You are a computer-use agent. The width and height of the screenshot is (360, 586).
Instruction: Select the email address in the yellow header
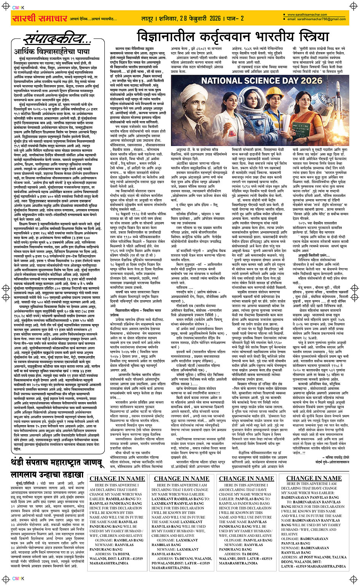click(317, 19)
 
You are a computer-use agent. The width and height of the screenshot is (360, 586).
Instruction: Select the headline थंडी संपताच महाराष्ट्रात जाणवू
click(57, 463)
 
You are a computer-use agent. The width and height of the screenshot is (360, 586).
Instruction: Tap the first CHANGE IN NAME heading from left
click(117, 479)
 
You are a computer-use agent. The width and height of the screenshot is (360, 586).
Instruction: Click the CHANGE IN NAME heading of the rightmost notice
click(314, 478)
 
